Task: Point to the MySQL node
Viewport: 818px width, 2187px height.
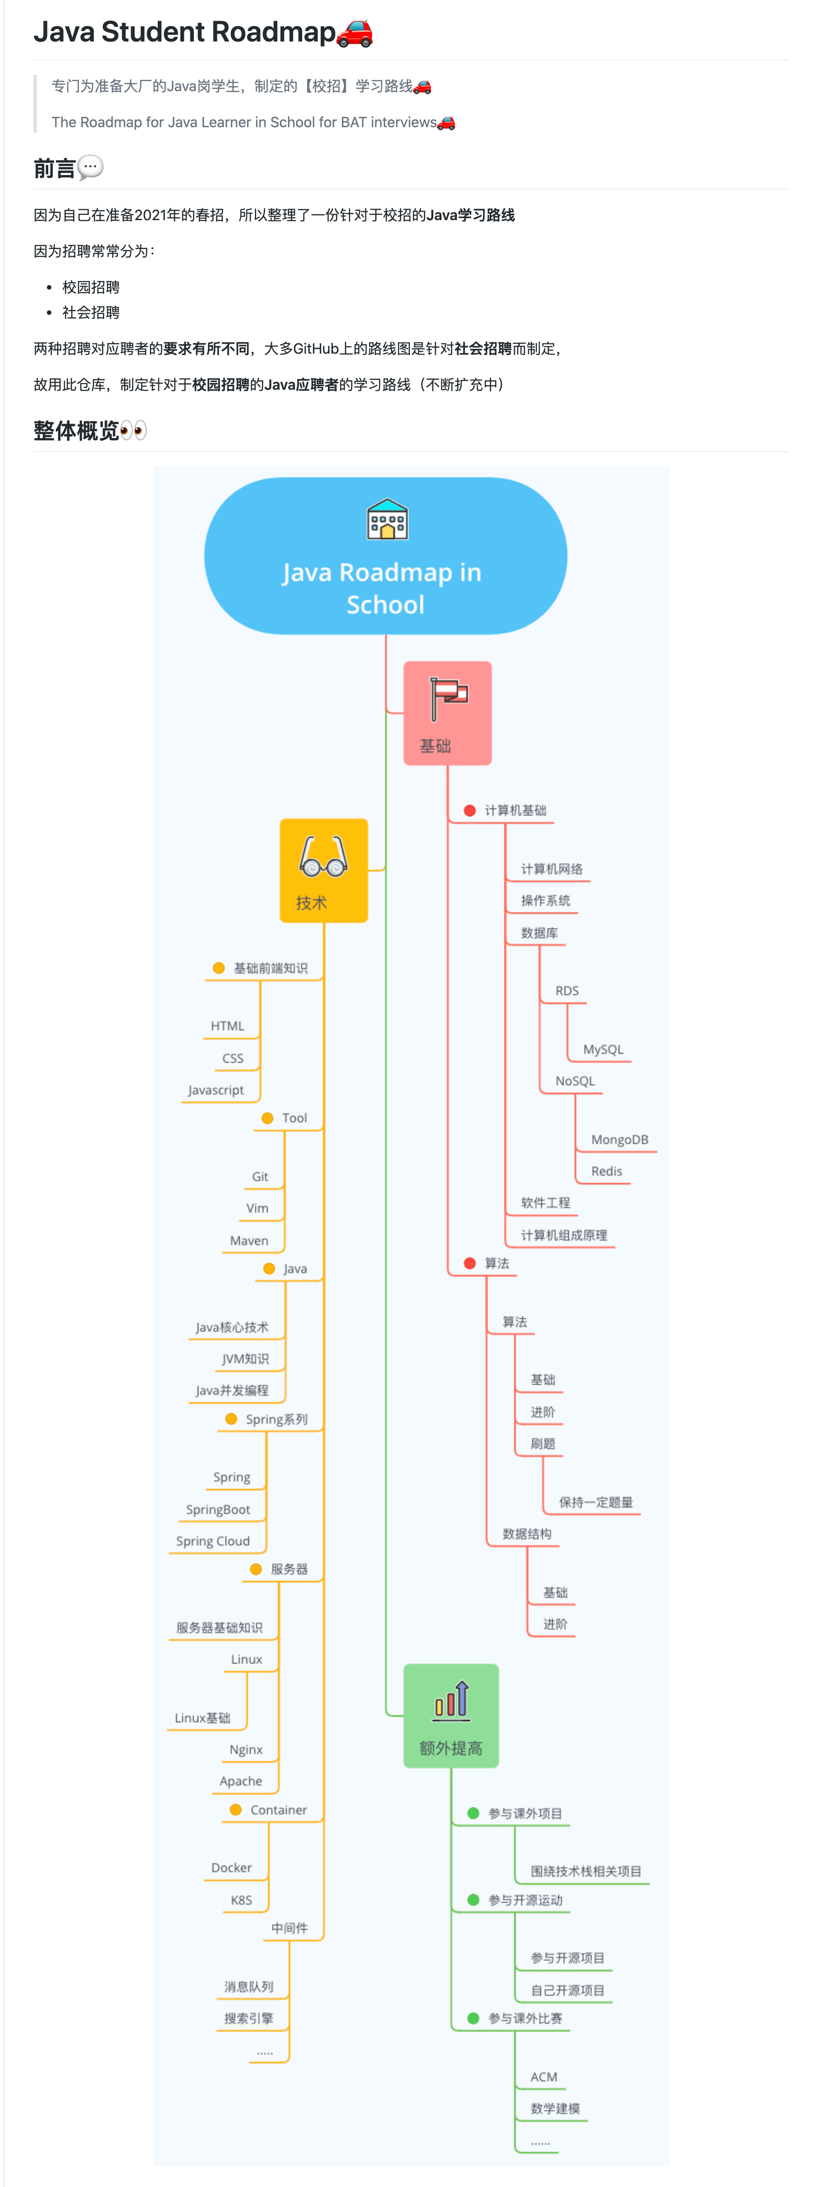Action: [x=602, y=1049]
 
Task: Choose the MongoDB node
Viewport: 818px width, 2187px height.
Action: [x=620, y=1140]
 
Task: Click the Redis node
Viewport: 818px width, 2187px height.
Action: [x=607, y=1171]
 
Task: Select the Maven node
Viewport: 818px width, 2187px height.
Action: [x=248, y=1241]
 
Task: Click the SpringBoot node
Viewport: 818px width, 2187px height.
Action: [x=218, y=1509]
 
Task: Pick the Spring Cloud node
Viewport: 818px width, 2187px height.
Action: [x=213, y=1541]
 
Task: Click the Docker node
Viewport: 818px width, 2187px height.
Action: [x=232, y=1868]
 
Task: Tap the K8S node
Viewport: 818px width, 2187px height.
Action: [x=241, y=1900]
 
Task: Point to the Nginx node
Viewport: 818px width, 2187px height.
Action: [x=246, y=1750]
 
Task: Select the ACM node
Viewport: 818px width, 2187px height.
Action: [x=544, y=2076]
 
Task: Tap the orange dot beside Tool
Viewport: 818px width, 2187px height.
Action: [x=267, y=1118]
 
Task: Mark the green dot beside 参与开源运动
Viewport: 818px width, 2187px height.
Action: [x=473, y=1900]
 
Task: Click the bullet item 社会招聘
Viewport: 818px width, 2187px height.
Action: [x=91, y=313]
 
